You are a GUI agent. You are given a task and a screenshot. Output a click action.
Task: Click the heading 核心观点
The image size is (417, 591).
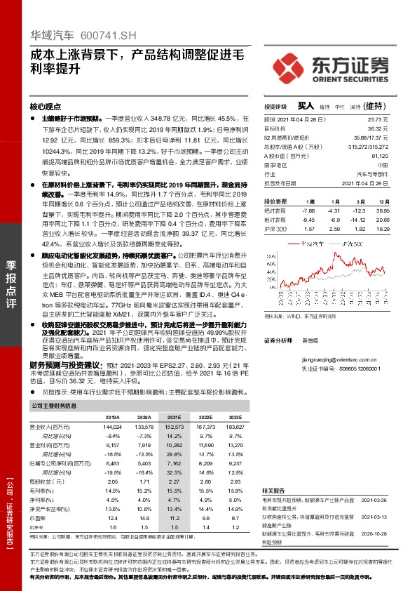pos(46,107)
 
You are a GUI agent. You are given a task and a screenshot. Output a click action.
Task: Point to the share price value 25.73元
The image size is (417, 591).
pos(396,121)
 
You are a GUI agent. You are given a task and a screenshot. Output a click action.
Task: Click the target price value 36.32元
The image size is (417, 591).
pos(396,129)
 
